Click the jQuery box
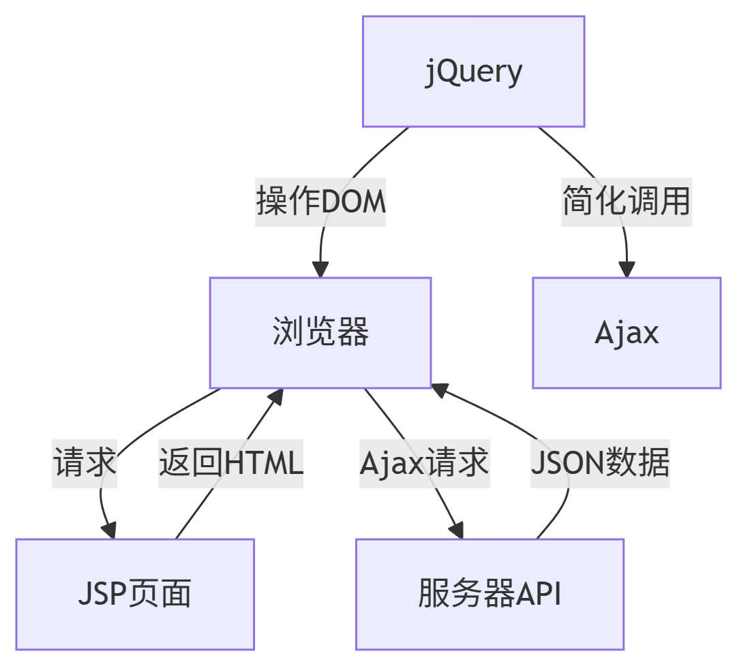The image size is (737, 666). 473,72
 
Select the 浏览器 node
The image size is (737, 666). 320,332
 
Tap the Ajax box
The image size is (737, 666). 626,332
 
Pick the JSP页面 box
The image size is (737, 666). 135,594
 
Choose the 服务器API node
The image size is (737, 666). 490,594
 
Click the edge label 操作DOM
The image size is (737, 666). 321,202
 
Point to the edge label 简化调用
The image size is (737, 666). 627,202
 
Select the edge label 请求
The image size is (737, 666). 85,463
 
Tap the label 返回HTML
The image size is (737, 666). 230,463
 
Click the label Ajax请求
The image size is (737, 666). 424,463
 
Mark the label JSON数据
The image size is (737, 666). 600,463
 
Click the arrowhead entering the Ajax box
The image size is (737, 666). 627,269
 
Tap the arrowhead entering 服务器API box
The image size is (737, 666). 456,530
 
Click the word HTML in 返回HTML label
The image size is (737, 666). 263,463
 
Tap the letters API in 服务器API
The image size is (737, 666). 539,594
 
